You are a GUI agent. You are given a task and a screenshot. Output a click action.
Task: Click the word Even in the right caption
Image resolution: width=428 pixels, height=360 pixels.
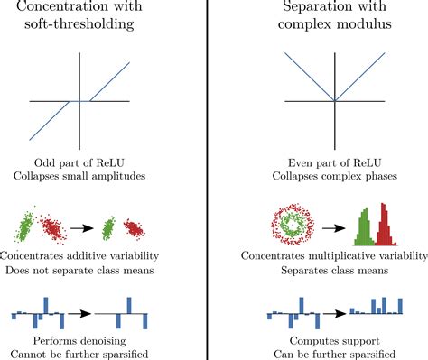tap(273, 161)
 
